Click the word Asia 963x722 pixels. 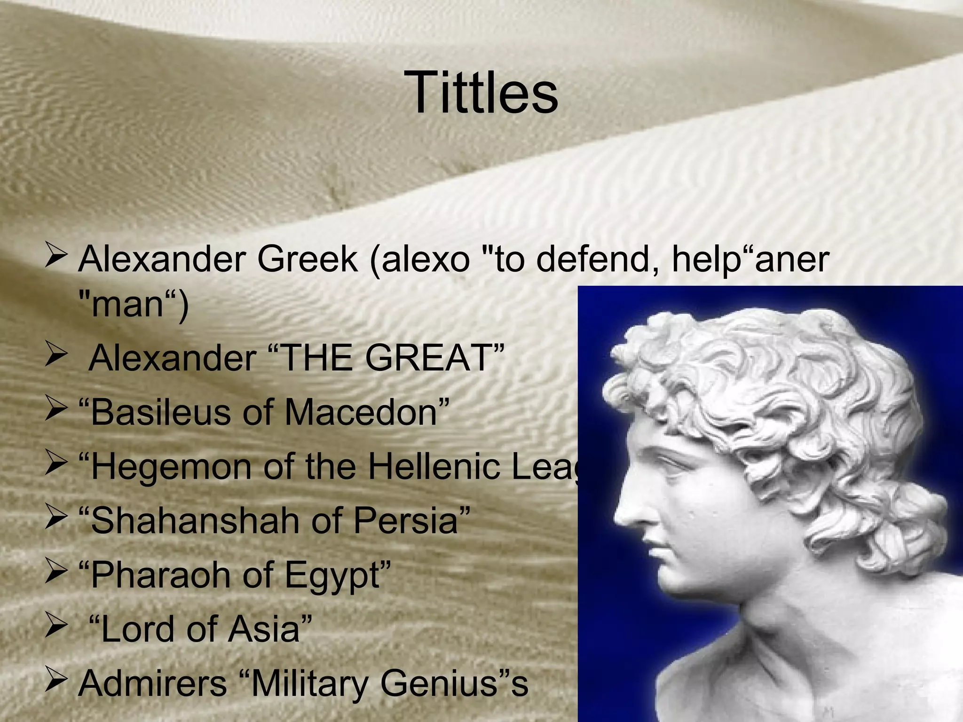pyautogui.click(x=264, y=629)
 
